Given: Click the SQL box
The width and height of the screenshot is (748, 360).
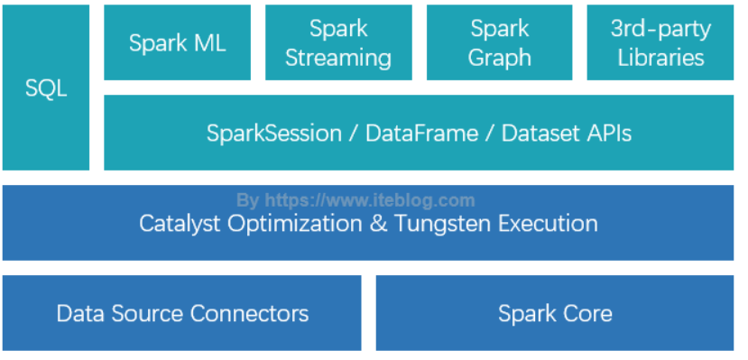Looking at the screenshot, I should pyautogui.click(x=46, y=88).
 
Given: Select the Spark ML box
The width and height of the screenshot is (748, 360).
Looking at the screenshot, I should pyautogui.click(x=177, y=42).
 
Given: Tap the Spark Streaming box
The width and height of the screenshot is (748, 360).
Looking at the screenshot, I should pyautogui.click(x=337, y=42).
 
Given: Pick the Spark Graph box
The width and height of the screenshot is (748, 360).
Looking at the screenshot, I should pyautogui.click(x=499, y=42).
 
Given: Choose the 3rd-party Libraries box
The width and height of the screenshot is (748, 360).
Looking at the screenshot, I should pyautogui.click(x=660, y=42).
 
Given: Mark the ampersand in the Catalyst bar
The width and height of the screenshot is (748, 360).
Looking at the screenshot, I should pyautogui.click(x=378, y=223).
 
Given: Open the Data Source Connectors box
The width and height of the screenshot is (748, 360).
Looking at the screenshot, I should pyautogui.click(x=182, y=313).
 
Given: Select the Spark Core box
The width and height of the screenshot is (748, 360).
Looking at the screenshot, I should pyautogui.click(x=555, y=313).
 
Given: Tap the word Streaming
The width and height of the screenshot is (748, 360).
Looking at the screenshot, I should pyautogui.click(x=337, y=58).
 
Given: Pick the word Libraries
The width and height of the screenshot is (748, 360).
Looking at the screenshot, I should pyautogui.click(x=660, y=58).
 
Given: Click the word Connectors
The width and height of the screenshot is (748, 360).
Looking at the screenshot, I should pyautogui.click(x=249, y=313).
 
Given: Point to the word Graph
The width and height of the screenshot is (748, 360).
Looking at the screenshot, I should pyautogui.click(x=499, y=58).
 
